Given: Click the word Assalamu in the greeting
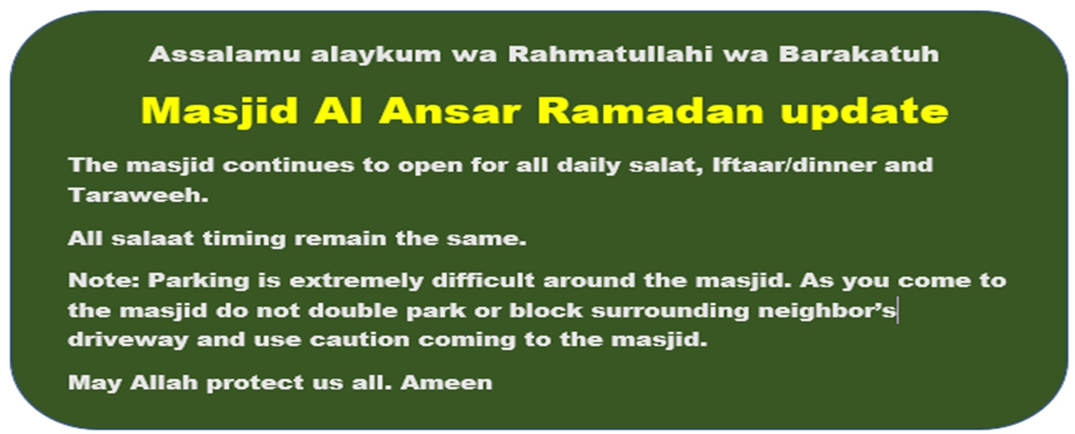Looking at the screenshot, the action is coord(225,54).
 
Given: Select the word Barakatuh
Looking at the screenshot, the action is coord(859,54).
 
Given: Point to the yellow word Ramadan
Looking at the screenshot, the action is coord(651,111).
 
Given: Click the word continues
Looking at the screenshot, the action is coord(288,165).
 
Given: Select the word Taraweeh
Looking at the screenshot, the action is coord(138,195).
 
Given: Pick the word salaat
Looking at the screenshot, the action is coord(153,239).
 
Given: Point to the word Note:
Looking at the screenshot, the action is coord(104,280).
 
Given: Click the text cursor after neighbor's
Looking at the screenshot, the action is coord(897,310).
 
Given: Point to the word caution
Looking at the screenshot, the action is coord(359,340).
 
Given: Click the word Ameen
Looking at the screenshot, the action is coord(446,383).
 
